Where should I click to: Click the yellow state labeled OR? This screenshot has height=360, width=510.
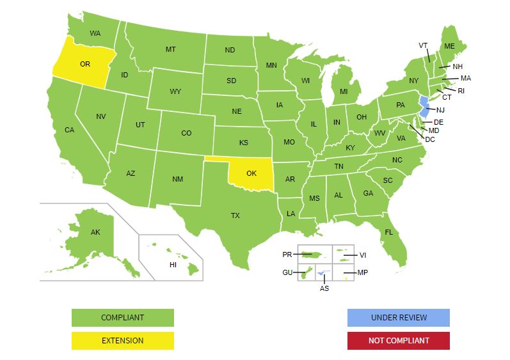pyautogui.click(x=83, y=64)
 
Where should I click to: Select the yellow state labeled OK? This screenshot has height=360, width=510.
pyautogui.click(x=251, y=173)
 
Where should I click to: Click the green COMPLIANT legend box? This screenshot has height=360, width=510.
pyautogui.click(x=122, y=318)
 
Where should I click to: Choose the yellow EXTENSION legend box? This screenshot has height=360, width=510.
pyautogui.click(x=122, y=341)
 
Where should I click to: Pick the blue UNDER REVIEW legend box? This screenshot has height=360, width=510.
pyautogui.click(x=398, y=318)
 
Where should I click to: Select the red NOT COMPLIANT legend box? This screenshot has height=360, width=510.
pyautogui.click(x=398, y=341)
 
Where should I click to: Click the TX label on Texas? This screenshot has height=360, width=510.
pyautogui.click(x=235, y=215)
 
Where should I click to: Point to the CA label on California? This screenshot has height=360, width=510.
pyautogui.click(x=69, y=130)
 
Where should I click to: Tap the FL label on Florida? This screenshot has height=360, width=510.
pyautogui.click(x=388, y=232)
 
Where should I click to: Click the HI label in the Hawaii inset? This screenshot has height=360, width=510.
pyautogui.click(x=172, y=265)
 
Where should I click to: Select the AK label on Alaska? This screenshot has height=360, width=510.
pyautogui.click(x=95, y=232)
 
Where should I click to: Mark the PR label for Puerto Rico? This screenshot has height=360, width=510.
pyautogui.click(x=287, y=254)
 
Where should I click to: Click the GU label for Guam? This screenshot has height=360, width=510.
pyautogui.click(x=287, y=273)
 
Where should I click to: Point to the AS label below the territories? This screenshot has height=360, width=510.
pyautogui.click(x=324, y=288)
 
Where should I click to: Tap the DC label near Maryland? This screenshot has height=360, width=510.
pyautogui.click(x=430, y=139)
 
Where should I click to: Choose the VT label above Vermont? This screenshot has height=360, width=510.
pyautogui.click(x=423, y=45)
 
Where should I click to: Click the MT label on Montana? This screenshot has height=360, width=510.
pyautogui.click(x=171, y=49)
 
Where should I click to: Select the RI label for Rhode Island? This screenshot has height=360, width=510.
pyautogui.click(x=461, y=91)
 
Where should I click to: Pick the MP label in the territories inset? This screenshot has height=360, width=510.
pyautogui.click(x=363, y=273)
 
